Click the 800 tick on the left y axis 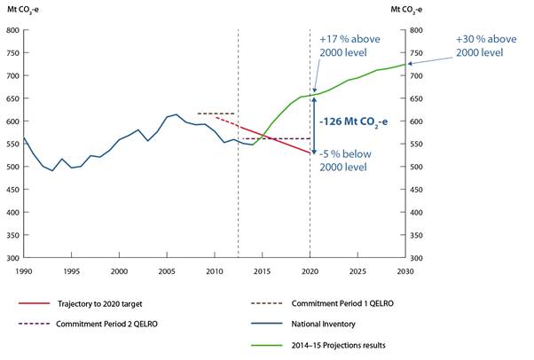12,30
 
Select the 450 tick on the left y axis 12,190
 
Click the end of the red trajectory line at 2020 310,153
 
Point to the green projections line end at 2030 404,64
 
